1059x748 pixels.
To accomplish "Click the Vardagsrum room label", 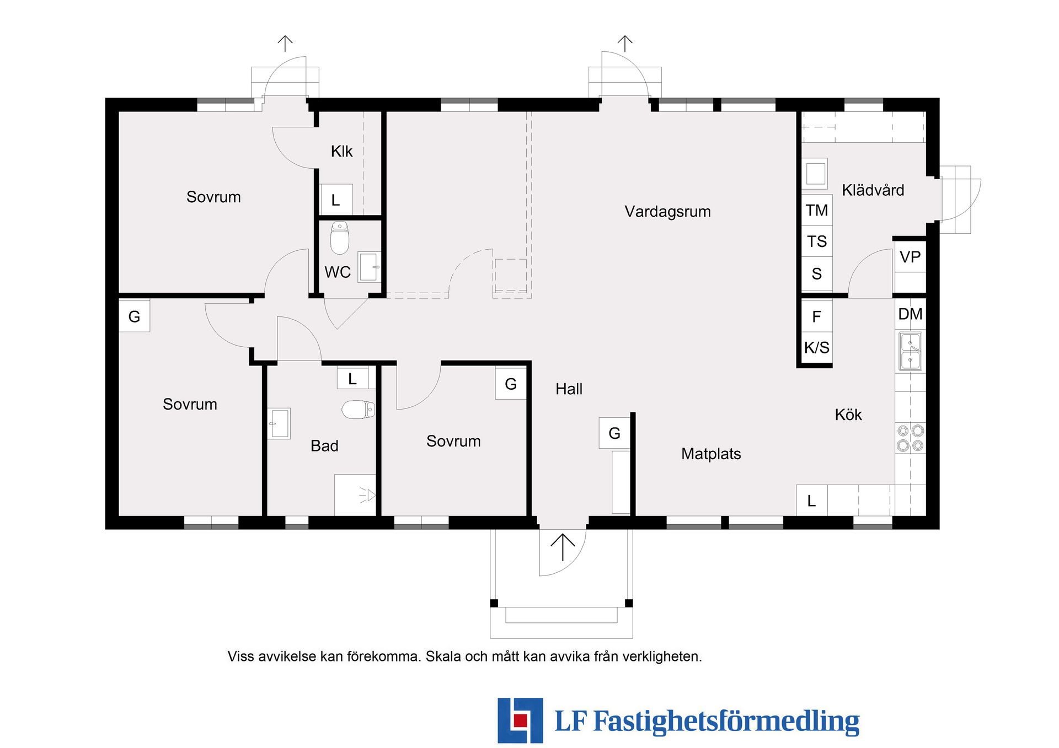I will [667, 212].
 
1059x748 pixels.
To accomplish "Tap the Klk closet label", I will [341, 152].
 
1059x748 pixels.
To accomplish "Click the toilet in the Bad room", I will [359, 410].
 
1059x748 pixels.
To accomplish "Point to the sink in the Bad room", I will [279, 423].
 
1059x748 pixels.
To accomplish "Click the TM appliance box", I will [816, 210].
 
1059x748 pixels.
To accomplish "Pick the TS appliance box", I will [816, 241].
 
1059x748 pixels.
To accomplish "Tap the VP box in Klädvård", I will [910, 257].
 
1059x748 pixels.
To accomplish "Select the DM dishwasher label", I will [910, 314].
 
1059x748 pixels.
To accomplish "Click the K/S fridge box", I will [816, 348].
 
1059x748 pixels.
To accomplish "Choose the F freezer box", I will [816, 317].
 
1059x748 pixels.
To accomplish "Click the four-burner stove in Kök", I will [910, 438].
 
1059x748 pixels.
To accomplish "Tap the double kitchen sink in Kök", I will [910, 351].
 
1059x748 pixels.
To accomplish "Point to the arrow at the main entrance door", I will [563, 547].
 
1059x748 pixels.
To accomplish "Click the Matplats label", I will [710, 454].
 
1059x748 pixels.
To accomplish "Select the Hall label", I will [569, 389].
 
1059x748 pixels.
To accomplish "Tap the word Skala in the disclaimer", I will [443, 656].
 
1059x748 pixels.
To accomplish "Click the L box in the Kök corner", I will [811, 501].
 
